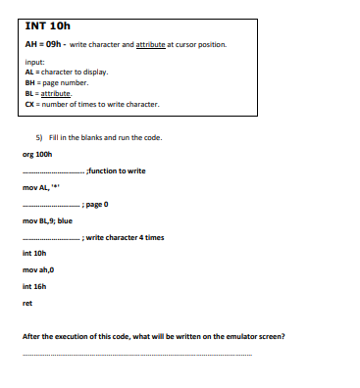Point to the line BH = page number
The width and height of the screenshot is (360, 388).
click(x=58, y=83)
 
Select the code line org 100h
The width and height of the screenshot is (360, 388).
click(x=36, y=153)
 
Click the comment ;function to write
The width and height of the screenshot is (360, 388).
click(x=117, y=170)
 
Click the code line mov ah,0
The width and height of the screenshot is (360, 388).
click(x=36, y=268)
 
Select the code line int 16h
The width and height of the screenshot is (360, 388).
click(x=33, y=286)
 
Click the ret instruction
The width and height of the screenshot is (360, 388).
click(x=26, y=303)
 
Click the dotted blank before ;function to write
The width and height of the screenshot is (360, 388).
click(x=53, y=172)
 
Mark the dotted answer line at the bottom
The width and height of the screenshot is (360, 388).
click(x=137, y=354)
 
